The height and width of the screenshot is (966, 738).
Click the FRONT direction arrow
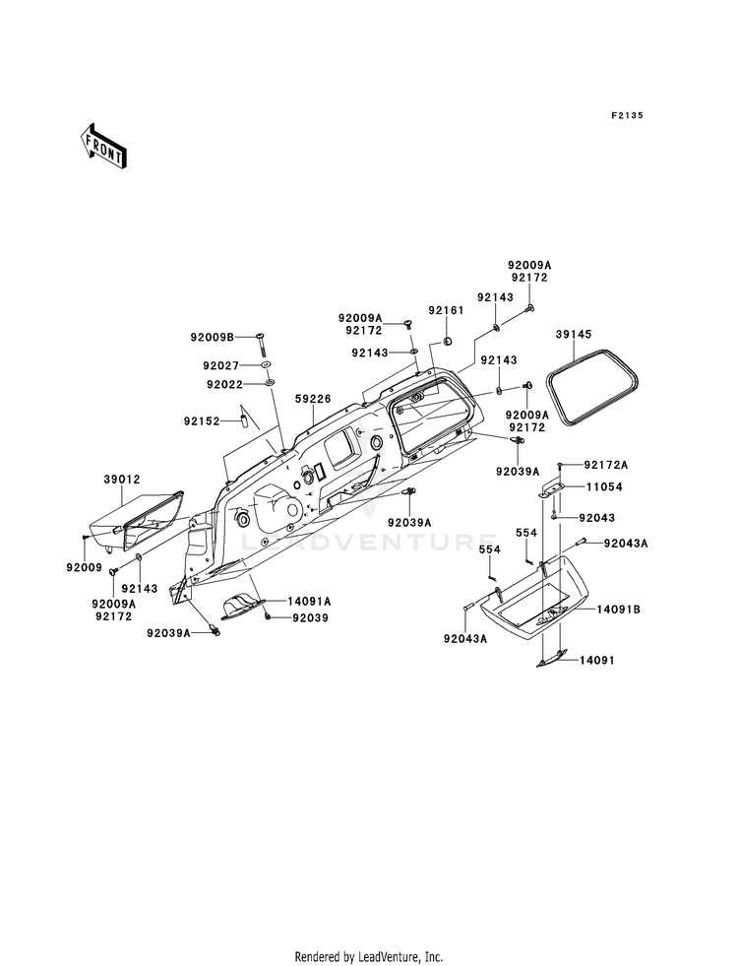pos(102,148)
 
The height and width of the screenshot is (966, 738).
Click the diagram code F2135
pos(627,115)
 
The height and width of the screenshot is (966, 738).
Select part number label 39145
pos(573,335)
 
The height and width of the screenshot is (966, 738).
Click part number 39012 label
pos(122,479)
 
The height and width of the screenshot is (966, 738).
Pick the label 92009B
pos(213,337)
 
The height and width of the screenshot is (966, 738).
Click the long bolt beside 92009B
pos(261,344)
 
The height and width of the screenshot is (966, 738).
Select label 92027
pos(221,366)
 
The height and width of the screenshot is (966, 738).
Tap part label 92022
pos(225,384)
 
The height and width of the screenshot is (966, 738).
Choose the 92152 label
pos(202,421)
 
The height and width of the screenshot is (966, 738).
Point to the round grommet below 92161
pos(448,340)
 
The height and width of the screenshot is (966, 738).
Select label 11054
pos(604,486)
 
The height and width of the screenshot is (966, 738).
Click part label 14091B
pos(619,610)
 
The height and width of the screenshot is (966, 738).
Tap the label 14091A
pos(309,601)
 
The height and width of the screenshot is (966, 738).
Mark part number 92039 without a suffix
pos(310,618)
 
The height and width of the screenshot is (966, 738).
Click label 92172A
pos(606,465)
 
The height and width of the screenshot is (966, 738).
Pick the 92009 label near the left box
pos(85,567)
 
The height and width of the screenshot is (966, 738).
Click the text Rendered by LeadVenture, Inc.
pos(369,957)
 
